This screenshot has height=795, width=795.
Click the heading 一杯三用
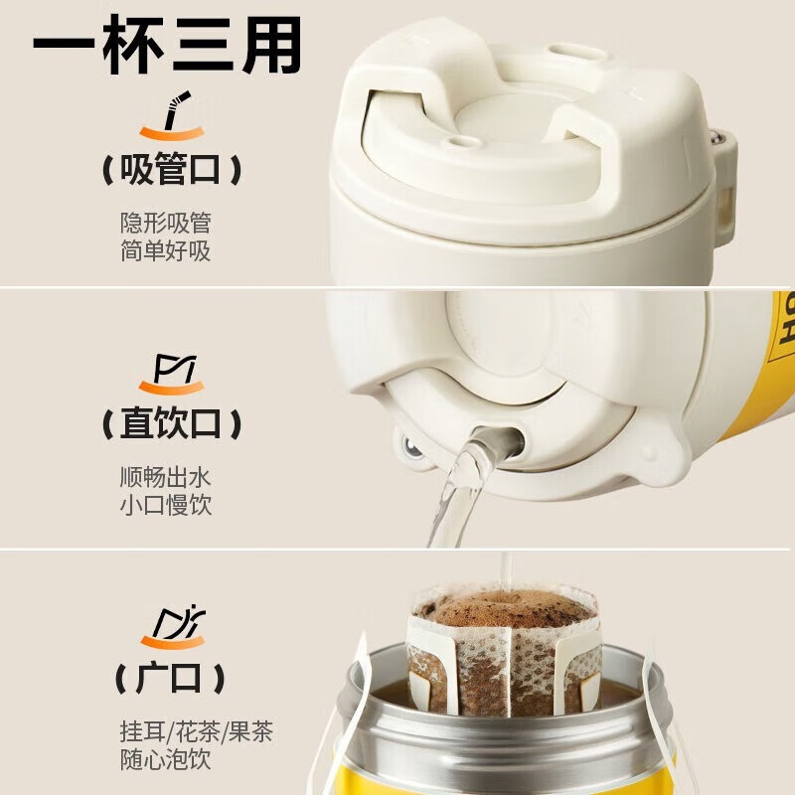(167, 45)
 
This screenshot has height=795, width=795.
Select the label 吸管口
(172, 169)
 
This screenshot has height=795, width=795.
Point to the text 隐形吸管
(165, 223)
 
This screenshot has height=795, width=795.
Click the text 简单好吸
(165, 250)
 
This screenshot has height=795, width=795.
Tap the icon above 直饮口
(171, 375)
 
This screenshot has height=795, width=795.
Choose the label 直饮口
(172, 423)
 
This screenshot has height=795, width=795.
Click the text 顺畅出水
(165, 477)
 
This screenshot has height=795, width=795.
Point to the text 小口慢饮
(165, 505)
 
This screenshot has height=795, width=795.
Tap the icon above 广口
(173, 627)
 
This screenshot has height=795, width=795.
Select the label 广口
(171, 678)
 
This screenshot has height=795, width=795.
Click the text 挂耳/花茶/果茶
(196, 731)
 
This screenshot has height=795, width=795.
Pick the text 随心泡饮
(165, 759)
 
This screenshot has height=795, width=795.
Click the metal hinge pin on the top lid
(715, 137)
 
